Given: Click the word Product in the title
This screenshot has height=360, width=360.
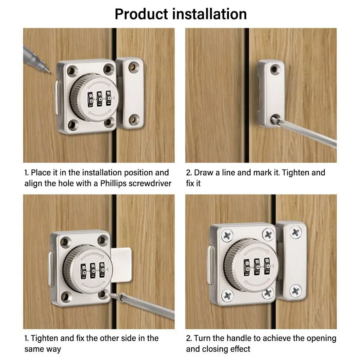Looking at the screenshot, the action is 141,14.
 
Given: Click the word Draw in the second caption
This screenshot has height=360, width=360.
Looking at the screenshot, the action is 204,173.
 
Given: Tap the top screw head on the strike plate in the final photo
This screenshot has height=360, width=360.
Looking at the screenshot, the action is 296,232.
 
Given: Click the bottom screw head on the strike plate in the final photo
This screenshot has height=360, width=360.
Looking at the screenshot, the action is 295,291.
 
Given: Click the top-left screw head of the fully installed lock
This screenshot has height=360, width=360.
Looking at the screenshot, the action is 227,235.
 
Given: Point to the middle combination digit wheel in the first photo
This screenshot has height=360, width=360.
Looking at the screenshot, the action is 99,99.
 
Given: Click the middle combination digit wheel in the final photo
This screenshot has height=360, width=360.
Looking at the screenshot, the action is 257,266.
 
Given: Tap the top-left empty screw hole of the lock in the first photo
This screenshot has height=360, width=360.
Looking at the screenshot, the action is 72,71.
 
